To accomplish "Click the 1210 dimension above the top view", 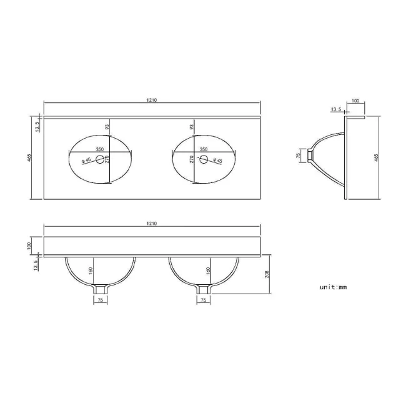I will coord(151,99).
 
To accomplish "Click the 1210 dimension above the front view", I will coord(151,222).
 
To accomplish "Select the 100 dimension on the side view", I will coord(355,100).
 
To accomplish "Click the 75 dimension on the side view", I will coord(298,154).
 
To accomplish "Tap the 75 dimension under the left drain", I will coord(99,301).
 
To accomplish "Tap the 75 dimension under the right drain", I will coord(203,301).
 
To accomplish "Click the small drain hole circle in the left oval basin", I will coord(99,160).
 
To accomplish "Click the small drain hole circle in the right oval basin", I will coord(203,160).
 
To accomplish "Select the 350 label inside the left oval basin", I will coord(99,149).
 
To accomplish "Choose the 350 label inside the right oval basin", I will coord(203,149).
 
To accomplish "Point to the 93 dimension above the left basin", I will coord(107,127).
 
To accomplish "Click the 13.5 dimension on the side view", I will coord(335,109).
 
